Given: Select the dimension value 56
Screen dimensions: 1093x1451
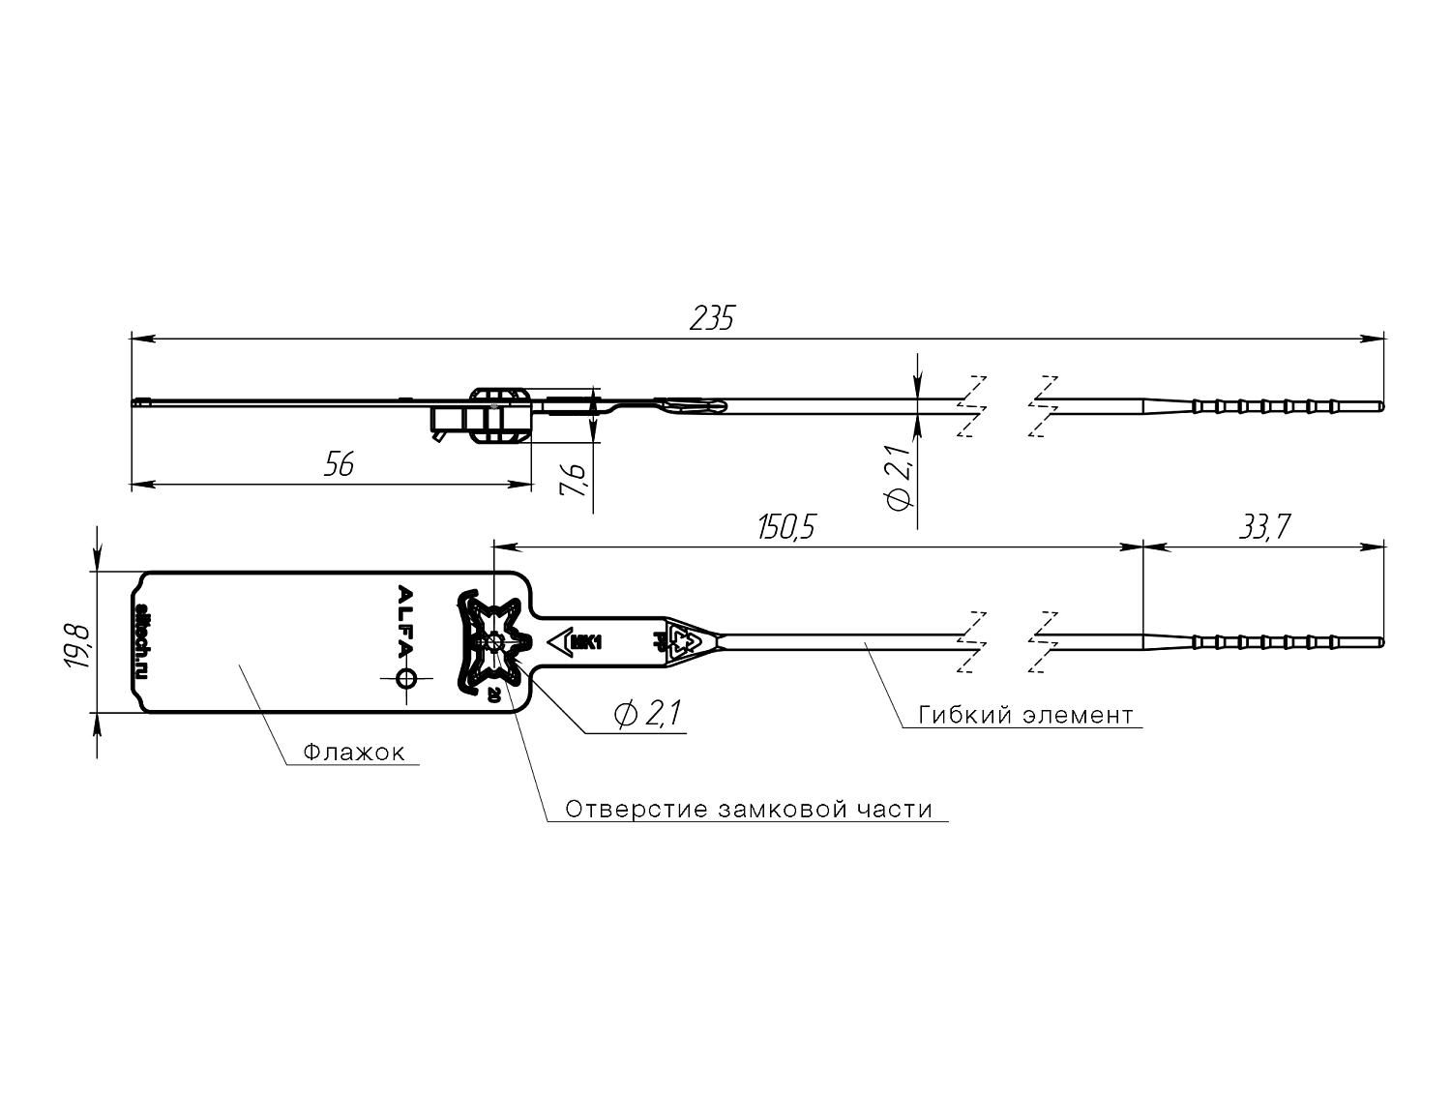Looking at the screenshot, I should pos(338,465).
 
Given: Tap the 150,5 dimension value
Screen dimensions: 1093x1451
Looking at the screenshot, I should pos(785,527).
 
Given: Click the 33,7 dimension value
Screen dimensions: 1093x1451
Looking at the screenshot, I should pos(1263,527).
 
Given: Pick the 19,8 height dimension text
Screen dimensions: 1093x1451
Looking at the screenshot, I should pos(79,645).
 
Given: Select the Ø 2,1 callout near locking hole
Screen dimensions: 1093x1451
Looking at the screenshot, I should pos(647,714).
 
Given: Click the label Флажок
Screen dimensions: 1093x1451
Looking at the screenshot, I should pos(353,752).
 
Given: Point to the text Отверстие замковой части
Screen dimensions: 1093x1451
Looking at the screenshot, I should pos(749,810).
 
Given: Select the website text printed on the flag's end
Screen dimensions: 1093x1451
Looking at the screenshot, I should pos(141,641).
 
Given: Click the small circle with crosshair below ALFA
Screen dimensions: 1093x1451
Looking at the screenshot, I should pos(405,679).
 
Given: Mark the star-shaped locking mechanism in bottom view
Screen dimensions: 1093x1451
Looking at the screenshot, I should pos(493,642).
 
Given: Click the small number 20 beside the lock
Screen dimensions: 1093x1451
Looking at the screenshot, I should pos(494,694).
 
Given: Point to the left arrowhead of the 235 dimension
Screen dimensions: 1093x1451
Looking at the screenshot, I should pos(140,339).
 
